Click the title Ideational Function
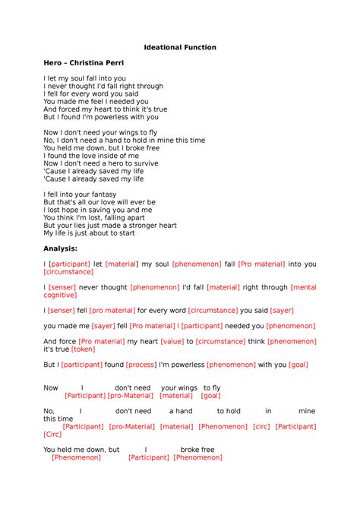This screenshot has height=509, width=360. click(x=180, y=47)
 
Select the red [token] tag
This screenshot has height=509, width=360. click(x=83, y=349)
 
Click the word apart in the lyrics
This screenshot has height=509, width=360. click(x=126, y=217)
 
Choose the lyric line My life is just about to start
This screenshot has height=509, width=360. click(x=89, y=233)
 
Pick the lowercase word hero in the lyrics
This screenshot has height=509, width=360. click(x=113, y=163)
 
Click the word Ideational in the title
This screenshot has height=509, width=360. click(x=162, y=47)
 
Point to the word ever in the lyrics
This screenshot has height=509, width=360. click(x=135, y=201)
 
